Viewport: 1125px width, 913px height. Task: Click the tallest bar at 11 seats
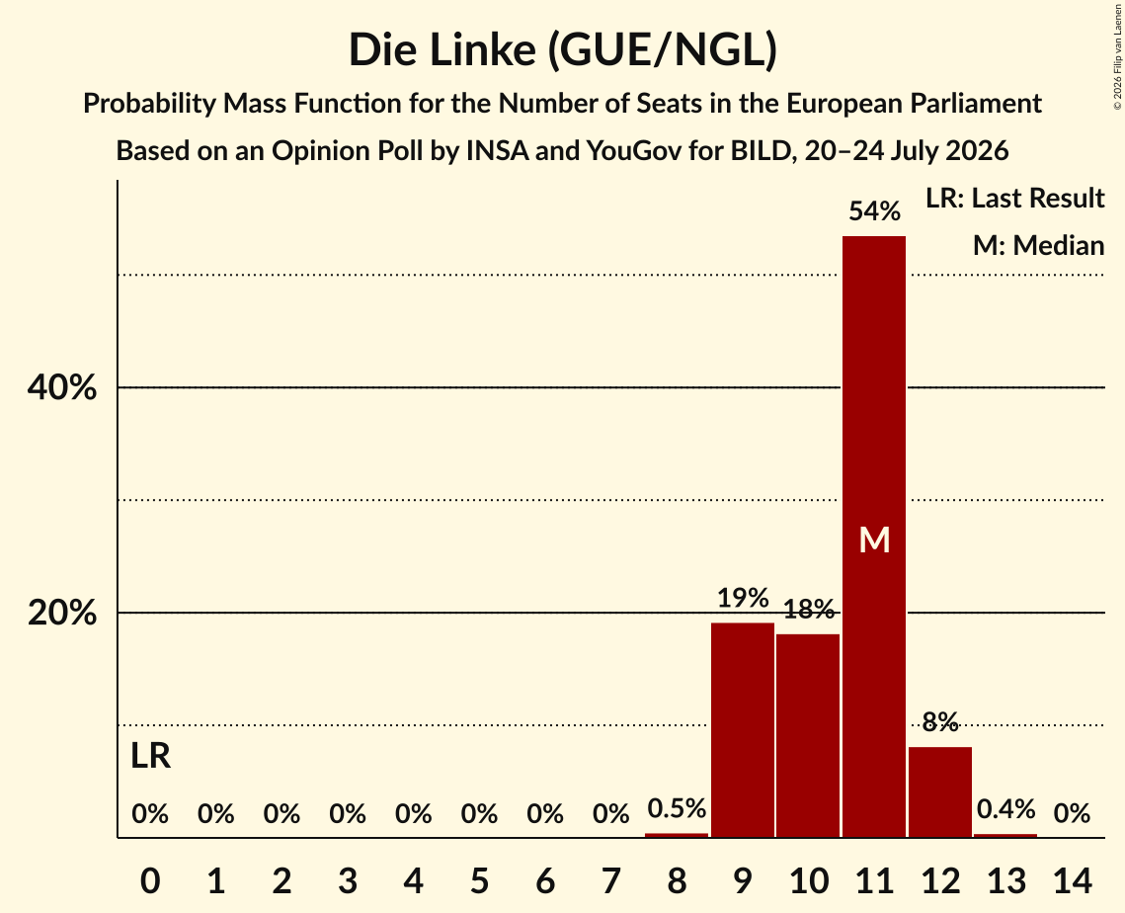874,537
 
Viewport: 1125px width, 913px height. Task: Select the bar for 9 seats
743,730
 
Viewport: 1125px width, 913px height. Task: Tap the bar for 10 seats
808,736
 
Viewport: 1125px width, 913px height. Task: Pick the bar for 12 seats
940,792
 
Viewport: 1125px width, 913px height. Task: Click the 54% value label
874,211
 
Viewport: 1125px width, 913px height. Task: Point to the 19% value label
743,597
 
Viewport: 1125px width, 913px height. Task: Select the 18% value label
809,610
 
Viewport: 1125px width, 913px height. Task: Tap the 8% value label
940,721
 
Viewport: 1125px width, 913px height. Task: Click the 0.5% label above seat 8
677,808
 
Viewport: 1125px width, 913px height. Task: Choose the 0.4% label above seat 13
1005,809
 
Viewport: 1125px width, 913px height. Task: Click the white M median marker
874,539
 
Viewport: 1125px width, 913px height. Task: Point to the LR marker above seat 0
151,756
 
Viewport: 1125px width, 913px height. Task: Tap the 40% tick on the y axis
61,387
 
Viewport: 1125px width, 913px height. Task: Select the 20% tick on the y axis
61,613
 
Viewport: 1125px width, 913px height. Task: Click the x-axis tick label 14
1072,880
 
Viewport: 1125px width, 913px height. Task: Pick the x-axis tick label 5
479,880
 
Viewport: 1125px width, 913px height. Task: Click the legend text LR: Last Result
1014,198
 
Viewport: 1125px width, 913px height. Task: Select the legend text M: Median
1038,245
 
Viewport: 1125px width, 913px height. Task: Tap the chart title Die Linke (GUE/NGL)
563,50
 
